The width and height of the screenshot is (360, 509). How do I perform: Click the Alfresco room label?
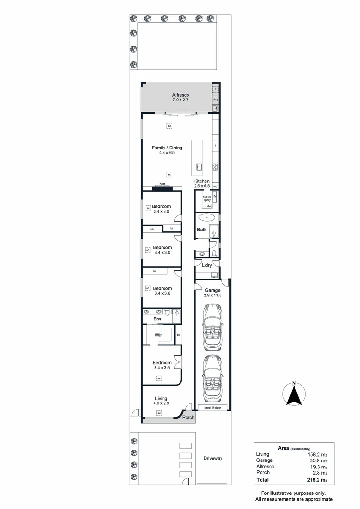click(x=180, y=95)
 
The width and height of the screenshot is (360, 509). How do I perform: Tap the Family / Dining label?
click(x=167, y=148)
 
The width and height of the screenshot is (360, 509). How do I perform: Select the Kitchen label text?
click(x=202, y=181)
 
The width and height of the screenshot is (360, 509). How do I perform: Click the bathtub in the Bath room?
click(x=206, y=218)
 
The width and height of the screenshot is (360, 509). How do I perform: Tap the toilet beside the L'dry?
click(x=214, y=254)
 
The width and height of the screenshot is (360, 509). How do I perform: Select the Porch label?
click(x=188, y=417)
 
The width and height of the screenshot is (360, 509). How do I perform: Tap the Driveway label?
click(x=213, y=458)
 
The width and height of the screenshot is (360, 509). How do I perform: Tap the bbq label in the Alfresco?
click(x=215, y=100)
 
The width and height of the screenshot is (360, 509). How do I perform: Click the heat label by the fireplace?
click(x=162, y=184)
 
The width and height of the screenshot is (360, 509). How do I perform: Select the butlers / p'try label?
click(x=207, y=198)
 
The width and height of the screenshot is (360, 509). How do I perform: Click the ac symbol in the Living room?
click(x=159, y=413)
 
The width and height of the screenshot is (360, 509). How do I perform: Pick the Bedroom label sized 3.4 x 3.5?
click(x=162, y=363)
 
